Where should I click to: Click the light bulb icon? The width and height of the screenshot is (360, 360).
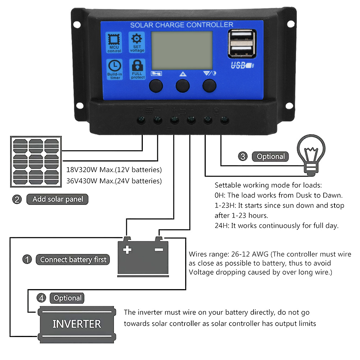coord(311,155)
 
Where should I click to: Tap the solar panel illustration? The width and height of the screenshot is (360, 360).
coord(36,162)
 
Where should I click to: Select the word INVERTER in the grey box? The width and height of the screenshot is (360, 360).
coord(77,324)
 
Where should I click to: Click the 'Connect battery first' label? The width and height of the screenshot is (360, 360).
coord(73,259)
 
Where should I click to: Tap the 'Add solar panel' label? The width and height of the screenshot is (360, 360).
coord(58,199)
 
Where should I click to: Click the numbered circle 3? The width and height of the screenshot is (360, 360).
coord(243,156)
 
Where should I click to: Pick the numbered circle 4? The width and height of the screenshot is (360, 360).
coord(42,298)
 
